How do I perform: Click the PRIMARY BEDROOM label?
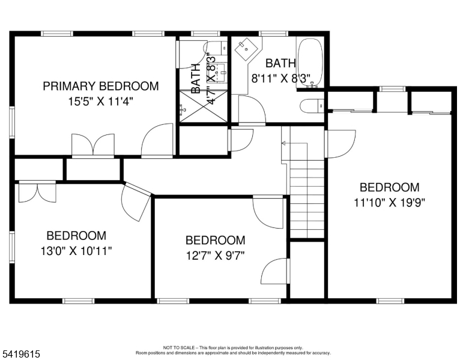click(101, 86)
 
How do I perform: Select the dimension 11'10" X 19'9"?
click(389, 202)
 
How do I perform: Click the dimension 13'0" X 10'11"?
click(76, 251)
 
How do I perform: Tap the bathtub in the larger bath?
click(310, 64)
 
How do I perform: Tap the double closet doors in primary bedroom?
click(92, 145)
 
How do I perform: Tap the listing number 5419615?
click(21, 355)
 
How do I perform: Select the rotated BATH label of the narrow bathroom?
click(196, 78)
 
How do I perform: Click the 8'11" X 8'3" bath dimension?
click(280, 77)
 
